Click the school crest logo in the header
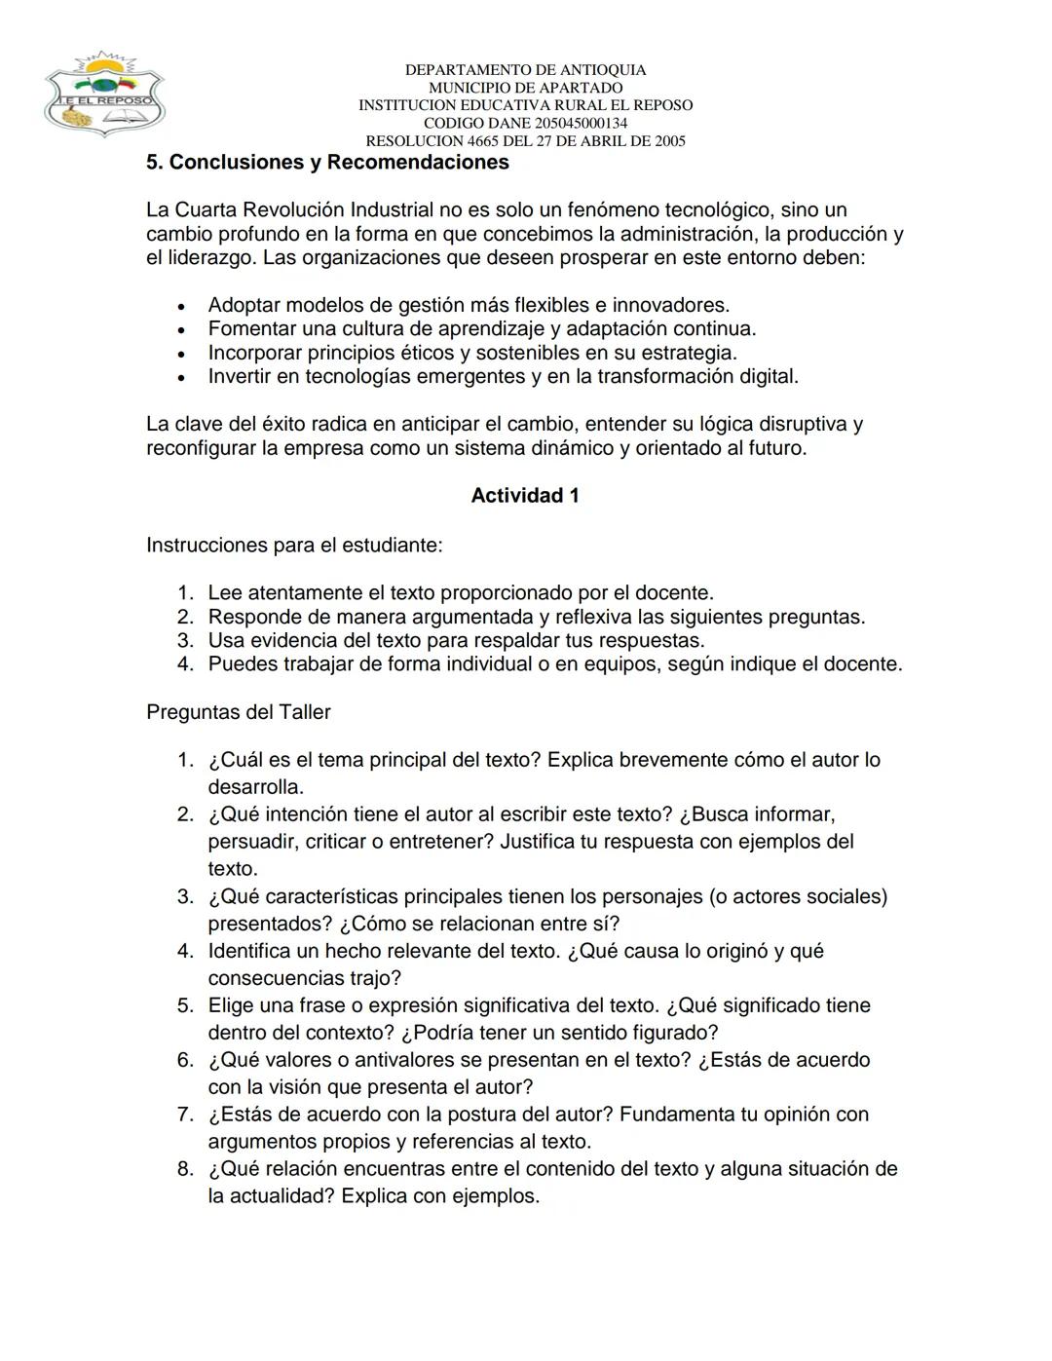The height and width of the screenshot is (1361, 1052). coord(103,95)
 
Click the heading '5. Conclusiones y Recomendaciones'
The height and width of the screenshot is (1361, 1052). coord(327,163)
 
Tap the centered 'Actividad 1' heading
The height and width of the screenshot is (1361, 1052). coord(525,496)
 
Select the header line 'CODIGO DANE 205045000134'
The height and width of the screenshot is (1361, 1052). coord(525,124)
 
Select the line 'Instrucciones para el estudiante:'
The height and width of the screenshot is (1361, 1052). coord(294,546)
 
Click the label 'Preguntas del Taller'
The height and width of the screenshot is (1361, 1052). coord(239,712)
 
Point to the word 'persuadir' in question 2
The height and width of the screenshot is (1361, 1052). coord(251,842)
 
